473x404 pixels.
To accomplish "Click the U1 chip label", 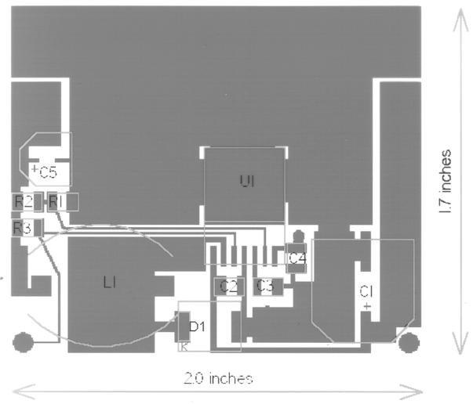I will pos(248,182).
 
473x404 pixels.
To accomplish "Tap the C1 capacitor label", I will pos(366,291).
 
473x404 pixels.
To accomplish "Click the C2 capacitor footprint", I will pos(229,287).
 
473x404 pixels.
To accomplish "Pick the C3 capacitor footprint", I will pos(266,287).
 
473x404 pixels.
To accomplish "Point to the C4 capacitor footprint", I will pos(297,258).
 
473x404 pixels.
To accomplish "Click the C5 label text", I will pos(49,171).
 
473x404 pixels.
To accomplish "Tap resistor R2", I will pos(24,202).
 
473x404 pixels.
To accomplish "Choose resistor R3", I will pos(22,228).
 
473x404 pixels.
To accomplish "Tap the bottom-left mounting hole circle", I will pos(24,342).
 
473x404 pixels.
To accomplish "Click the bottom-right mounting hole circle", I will pos(409,342).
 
